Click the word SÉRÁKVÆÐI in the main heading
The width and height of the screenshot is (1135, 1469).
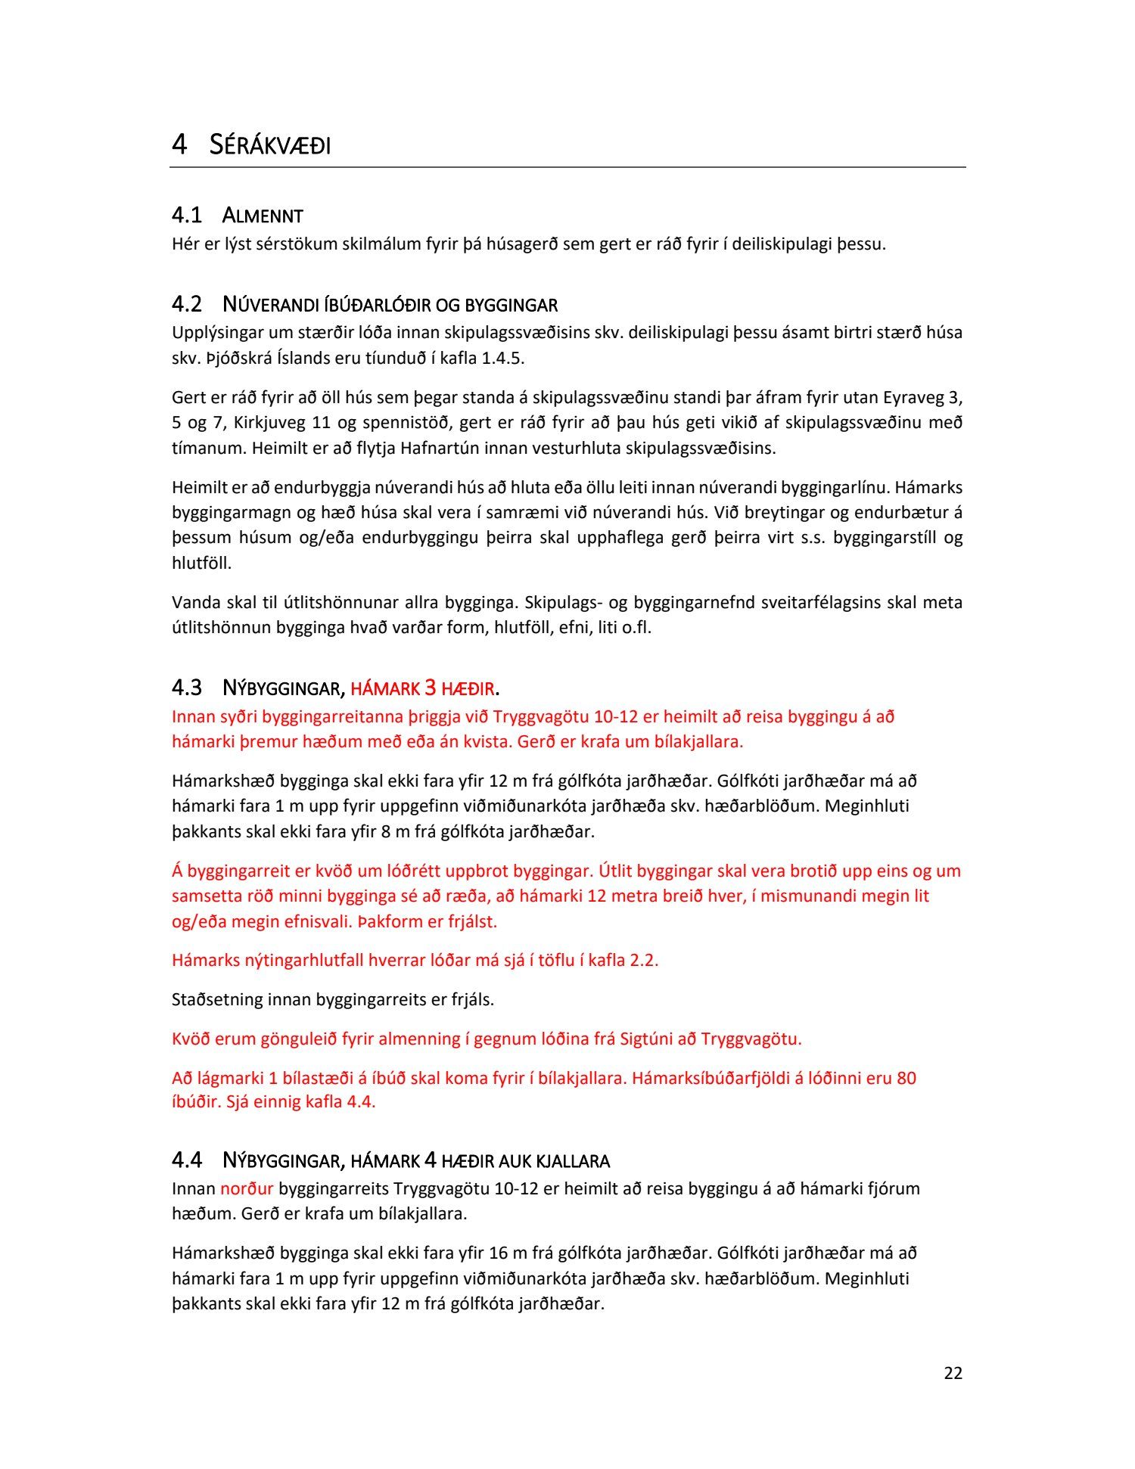click(270, 144)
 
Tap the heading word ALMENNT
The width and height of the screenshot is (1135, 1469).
click(263, 216)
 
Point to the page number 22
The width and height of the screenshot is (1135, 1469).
click(953, 1373)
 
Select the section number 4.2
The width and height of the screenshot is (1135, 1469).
click(186, 305)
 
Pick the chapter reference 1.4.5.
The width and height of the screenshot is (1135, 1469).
click(502, 358)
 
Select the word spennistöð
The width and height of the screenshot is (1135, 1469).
click(409, 422)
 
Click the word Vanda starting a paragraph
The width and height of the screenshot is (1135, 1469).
click(196, 602)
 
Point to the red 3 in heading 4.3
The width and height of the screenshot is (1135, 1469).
click(430, 688)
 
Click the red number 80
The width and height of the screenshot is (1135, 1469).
click(906, 1078)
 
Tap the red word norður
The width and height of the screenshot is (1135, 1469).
click(246, 1188)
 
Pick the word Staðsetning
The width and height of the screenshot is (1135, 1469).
click(218, 999)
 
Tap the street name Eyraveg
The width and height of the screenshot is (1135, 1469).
click(913, 397)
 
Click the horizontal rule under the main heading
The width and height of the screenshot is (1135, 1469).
click(567, 167)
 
